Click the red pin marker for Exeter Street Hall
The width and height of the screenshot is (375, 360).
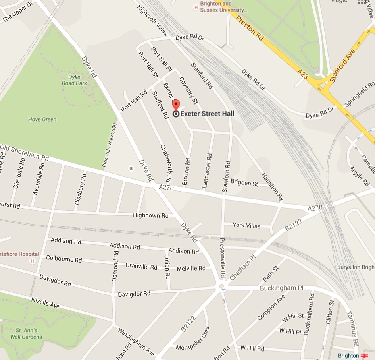176,106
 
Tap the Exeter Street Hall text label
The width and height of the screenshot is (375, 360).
207,114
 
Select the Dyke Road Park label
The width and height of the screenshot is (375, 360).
74,80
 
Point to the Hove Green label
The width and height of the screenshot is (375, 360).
42,119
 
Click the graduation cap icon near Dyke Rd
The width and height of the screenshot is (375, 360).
130,169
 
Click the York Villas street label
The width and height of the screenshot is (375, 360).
246,226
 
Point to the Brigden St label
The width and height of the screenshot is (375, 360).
244,183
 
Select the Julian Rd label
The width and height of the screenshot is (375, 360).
167,267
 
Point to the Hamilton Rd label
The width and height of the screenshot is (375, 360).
272,186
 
